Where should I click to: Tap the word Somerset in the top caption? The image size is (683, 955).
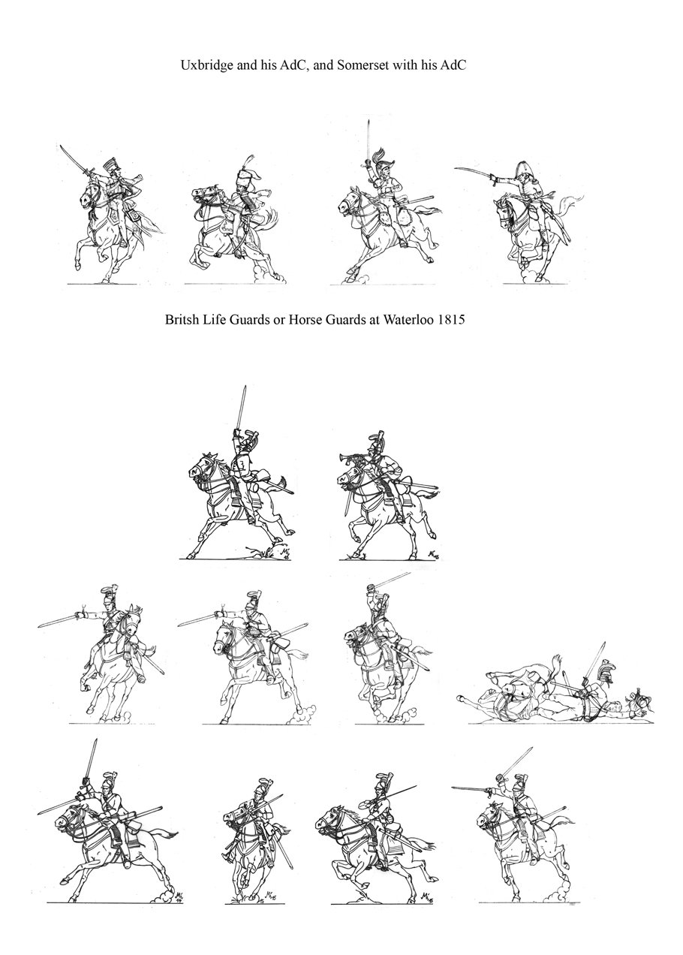(x=361, y=65)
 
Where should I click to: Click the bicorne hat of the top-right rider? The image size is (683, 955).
(x=521, y=170)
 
